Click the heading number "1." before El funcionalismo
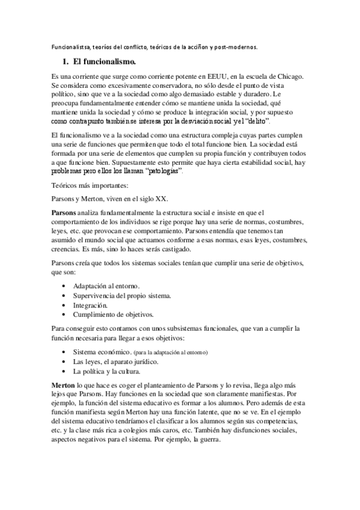(x=66, y=61)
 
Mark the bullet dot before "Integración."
(x=64, y=305)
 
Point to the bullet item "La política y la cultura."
(x=107, y=372)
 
